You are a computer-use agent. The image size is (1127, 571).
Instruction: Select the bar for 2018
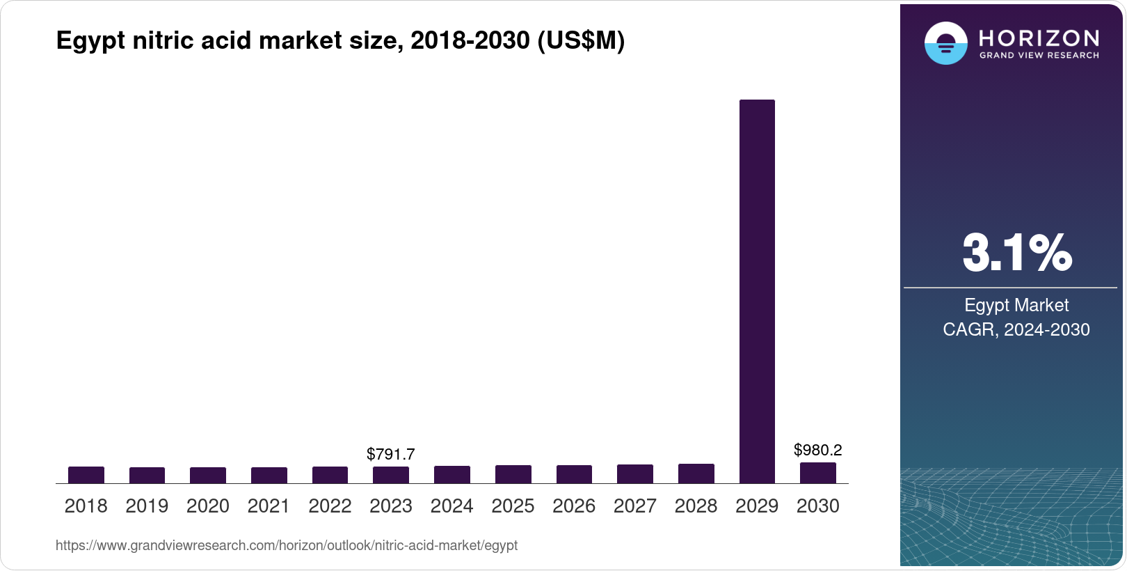tap(86, 475)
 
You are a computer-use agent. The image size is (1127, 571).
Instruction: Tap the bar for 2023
tap(391, 475)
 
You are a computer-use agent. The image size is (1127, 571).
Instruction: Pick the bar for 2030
tap(818, 473)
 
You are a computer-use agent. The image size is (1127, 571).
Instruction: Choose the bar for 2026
tap(574, 474)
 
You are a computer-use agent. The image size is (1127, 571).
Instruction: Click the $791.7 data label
tap(391, 454)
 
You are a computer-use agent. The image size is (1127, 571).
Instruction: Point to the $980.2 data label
tap(818, 450)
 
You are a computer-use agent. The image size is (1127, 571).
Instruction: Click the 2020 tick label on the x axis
tap(208, 506)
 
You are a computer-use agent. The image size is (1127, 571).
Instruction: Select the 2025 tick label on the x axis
tap(513, 506)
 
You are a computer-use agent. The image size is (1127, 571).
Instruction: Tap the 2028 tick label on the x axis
tap(696, 506)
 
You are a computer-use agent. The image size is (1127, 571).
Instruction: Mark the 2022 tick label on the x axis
tap(330, 506)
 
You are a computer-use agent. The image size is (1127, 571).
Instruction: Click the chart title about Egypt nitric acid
tap(340, 40)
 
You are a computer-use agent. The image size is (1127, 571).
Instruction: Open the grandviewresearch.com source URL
tap(287, 545)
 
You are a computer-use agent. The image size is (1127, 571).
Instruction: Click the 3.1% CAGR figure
tap(1017, 253)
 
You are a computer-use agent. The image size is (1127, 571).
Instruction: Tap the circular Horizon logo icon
tap(945, 43)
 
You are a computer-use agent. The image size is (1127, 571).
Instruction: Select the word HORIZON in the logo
tap(1039, 38)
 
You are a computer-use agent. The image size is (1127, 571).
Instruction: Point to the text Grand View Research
tap(1039, 55)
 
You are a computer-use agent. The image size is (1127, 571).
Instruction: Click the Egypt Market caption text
tap(1016, 305)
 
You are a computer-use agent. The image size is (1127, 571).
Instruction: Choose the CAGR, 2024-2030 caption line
tap(1016, 329)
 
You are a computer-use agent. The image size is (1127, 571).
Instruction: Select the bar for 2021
tap(269, 475)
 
